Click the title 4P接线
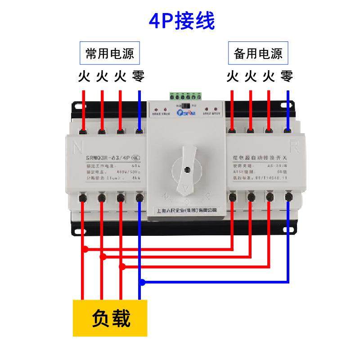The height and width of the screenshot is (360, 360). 182,21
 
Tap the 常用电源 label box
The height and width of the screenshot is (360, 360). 110,54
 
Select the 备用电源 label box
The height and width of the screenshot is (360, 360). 258,54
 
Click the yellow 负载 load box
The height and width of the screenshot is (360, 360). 111,319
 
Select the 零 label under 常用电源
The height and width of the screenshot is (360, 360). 138,76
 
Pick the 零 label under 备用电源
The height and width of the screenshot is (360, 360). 287,76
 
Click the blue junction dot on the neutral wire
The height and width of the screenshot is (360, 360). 142,283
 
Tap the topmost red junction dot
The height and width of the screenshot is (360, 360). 84,248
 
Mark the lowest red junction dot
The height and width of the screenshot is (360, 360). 121,266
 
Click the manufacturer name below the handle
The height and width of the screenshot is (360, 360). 186,210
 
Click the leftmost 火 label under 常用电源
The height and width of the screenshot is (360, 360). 84,76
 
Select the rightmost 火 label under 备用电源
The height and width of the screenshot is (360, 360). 269,76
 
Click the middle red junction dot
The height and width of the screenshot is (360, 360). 103,257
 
